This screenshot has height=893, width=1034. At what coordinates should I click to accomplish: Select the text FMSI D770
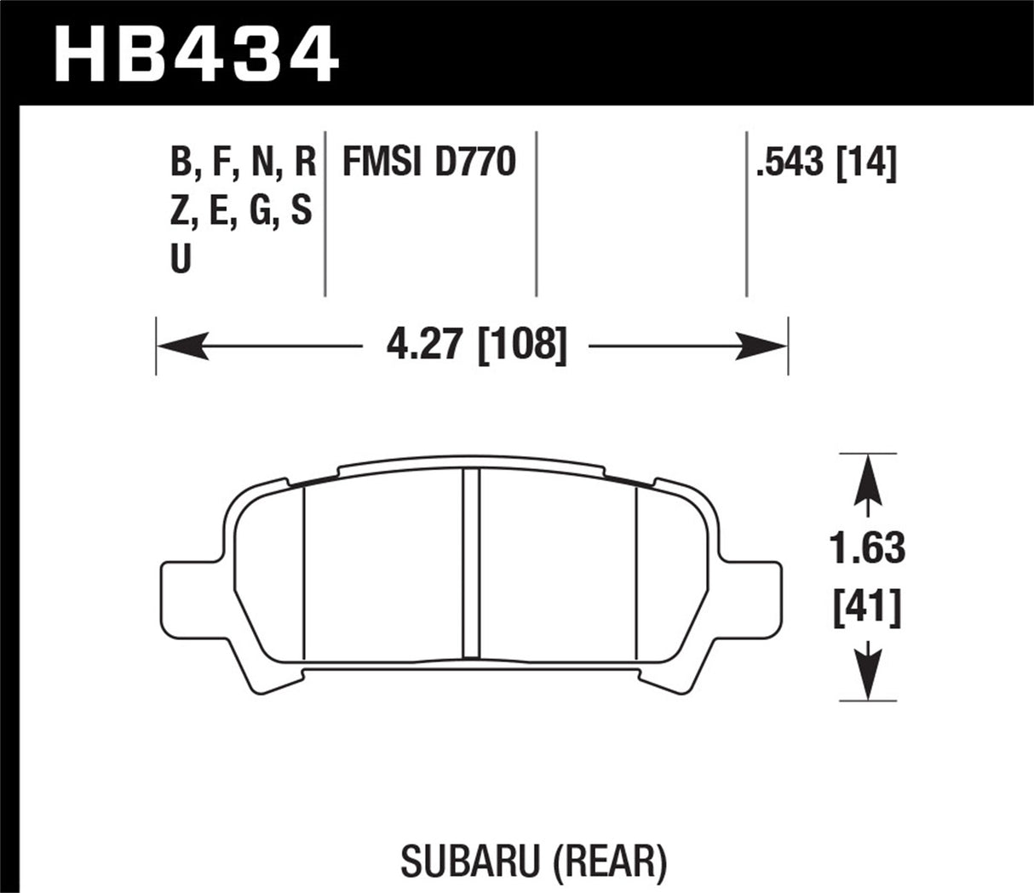click(428, 161)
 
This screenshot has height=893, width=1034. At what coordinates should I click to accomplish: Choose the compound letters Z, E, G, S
click(241, 210)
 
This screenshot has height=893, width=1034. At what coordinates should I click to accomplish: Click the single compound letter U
click(181, 259)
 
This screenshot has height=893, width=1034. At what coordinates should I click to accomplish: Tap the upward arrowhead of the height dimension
click(867, 476)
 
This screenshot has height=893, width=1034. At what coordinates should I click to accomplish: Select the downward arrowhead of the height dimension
click(867, 678)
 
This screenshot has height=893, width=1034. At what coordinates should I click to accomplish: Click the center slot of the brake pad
click(471, 564)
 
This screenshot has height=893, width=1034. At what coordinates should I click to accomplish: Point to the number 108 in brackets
click(523, 347)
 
